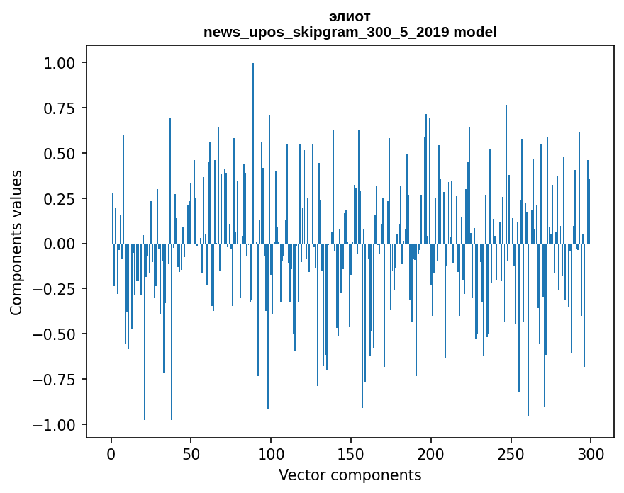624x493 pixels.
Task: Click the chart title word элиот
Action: click(x=350, y=16)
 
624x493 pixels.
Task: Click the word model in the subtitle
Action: click(x=474, y=32)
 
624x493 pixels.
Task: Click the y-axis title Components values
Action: click(x=16, y=242)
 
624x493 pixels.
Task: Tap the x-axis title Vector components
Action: click(x=350, y=475)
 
